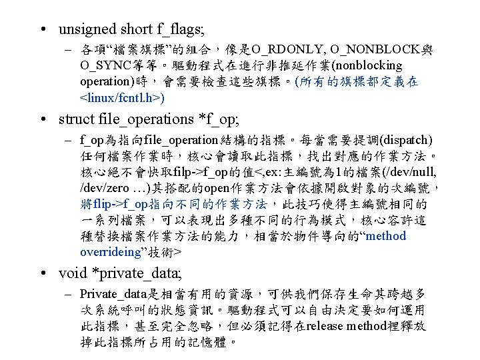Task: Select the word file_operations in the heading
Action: (145, 119)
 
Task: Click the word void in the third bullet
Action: (71, 274)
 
